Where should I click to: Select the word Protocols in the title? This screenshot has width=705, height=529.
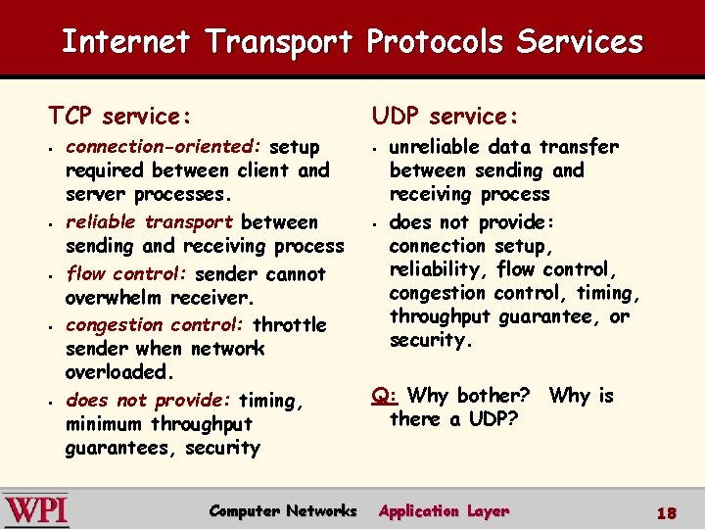coord(436,42)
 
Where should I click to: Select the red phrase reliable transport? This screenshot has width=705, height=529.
coord(149,222)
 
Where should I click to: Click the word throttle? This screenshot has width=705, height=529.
coord(290,324)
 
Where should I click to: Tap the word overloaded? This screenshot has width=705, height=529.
coord(117,372)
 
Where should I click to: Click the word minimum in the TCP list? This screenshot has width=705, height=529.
coord(104,424)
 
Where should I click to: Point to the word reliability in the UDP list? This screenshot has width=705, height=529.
coord(438,269)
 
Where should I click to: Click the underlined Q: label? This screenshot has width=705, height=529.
coord(384,396)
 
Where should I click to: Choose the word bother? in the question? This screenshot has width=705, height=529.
coord(493,396)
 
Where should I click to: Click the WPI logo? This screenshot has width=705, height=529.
coord(35,510)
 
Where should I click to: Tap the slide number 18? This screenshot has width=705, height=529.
coord(667,512)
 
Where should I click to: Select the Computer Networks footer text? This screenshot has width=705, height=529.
coord(283,511)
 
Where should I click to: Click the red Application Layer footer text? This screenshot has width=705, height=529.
coord(444,511)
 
